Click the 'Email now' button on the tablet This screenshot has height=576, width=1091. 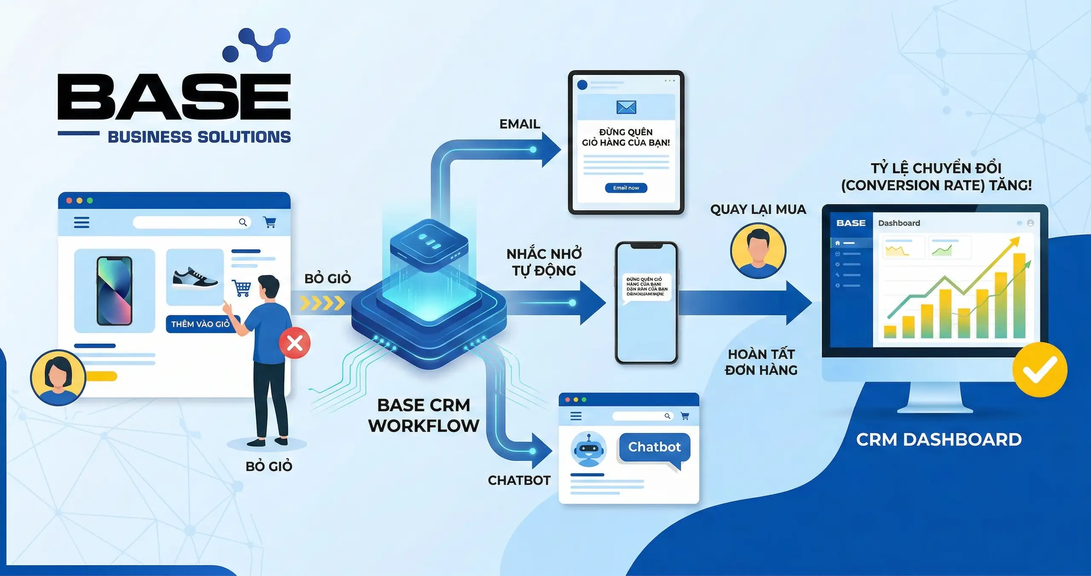click(626, 188)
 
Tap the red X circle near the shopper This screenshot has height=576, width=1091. click(294, 343)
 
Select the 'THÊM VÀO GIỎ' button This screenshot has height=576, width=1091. click(200, 324)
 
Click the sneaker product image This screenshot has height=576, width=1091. click(195, 277)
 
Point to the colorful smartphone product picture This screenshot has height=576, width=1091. click(114, 291)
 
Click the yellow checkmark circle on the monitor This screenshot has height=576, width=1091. click(1039, 369)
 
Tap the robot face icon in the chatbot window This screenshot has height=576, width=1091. click(589, 449)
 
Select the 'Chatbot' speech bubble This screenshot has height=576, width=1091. click(654, 447)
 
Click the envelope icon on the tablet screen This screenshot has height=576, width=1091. click(626, 107)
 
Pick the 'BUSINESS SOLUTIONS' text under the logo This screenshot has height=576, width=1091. click(199, 137)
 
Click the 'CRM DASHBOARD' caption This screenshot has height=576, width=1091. click(939, 440)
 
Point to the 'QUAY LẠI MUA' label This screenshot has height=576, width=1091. click(758, 209)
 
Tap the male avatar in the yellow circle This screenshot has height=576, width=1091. click(758, 251)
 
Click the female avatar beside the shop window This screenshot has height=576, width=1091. click(58, 377)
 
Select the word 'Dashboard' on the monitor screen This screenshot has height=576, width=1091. click(899, 223)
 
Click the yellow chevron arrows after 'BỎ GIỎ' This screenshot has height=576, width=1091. click(322, 303)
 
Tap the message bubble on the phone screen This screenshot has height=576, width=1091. click(647, 287)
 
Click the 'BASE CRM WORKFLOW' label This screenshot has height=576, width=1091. click(424, 415)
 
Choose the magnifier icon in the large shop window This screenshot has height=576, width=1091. click(243, 222)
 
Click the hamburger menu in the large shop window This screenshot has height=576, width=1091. click(81, 222)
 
